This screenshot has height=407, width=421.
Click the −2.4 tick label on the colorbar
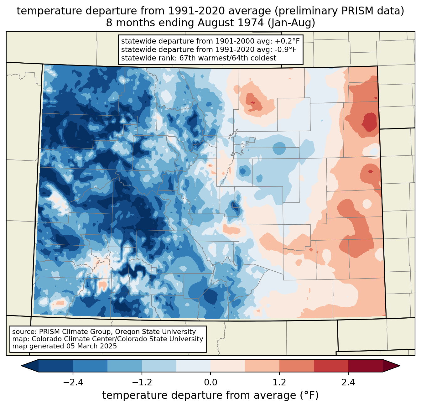point(73,383)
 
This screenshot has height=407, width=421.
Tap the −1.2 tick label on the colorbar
point(142,383)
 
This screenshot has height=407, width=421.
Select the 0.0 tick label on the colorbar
point(210,383)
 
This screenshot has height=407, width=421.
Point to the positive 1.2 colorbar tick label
point(279,383)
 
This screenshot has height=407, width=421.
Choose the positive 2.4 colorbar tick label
point(348,383)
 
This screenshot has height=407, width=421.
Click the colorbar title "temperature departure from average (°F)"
point(210,395)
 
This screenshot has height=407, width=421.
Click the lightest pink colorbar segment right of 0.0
point(228,366)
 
